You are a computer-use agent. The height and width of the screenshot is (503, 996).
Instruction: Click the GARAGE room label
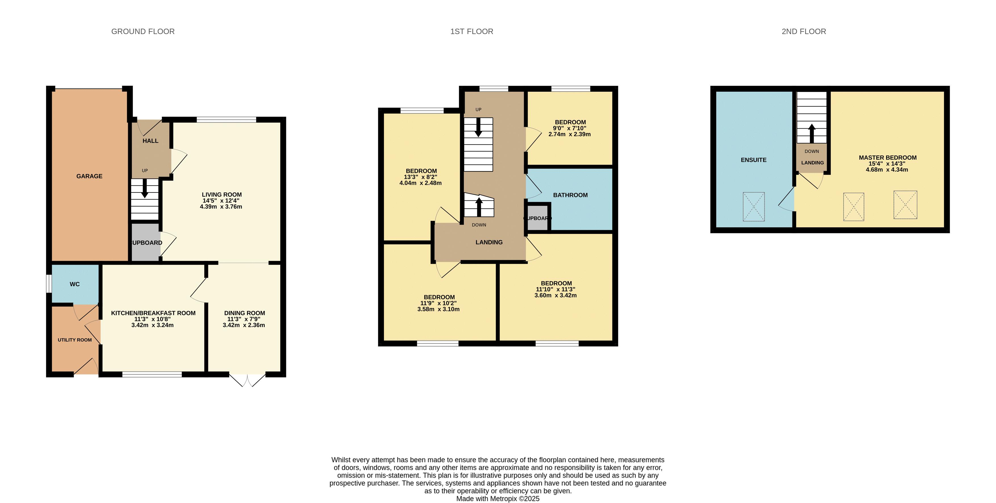(x=89, y=176)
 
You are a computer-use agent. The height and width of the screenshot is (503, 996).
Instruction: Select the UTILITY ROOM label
(x=75, y=340)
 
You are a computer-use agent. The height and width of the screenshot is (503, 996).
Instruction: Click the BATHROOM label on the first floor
(x=570, y=195)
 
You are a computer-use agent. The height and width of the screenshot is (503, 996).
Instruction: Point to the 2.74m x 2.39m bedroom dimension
(x=569, y=135)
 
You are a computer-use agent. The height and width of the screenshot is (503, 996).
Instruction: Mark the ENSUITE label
(x=753, y=160)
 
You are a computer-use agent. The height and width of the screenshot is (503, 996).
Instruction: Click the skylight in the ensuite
(x=753, y=207)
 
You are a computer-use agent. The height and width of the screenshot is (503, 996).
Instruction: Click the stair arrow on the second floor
(x=812, y=133)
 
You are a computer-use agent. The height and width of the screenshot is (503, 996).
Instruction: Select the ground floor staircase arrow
(x=145, y=188)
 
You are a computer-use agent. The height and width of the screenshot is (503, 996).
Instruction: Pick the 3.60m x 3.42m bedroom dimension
(x=556, y=295)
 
